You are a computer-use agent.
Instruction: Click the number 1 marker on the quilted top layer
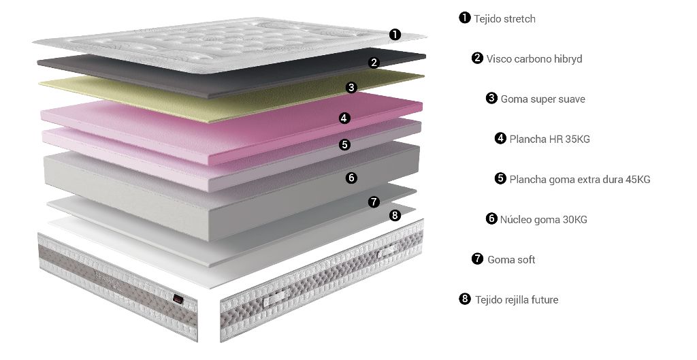pos(395,34)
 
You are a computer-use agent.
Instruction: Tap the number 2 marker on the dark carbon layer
pos(374,63)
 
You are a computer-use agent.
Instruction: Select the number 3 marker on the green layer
pos(352,88)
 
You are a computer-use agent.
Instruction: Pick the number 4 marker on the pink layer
pos(344,118)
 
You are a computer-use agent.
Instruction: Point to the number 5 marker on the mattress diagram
pos(344,144)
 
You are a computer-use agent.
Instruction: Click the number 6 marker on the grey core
pos(352,178)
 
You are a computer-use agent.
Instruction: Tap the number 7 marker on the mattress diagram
pos(374,202)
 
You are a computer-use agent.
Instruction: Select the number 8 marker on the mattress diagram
pos(395,216)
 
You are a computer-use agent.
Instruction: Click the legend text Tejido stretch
pos(504,19)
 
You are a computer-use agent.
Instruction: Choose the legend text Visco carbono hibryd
pos(534,59)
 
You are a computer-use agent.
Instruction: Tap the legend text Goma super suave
pos(542,99)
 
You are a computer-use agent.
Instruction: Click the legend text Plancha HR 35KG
pos(550,139)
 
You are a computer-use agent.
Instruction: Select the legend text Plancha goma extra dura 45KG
pos(580,180)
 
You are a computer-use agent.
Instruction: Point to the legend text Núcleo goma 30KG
pos(544,220)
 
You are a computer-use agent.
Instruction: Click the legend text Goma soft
pos(511,259)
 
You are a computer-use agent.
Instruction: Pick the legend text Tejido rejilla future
pos(517,300)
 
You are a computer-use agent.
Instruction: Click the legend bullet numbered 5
pos(500,178)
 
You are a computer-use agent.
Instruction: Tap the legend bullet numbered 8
pos(464,299)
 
